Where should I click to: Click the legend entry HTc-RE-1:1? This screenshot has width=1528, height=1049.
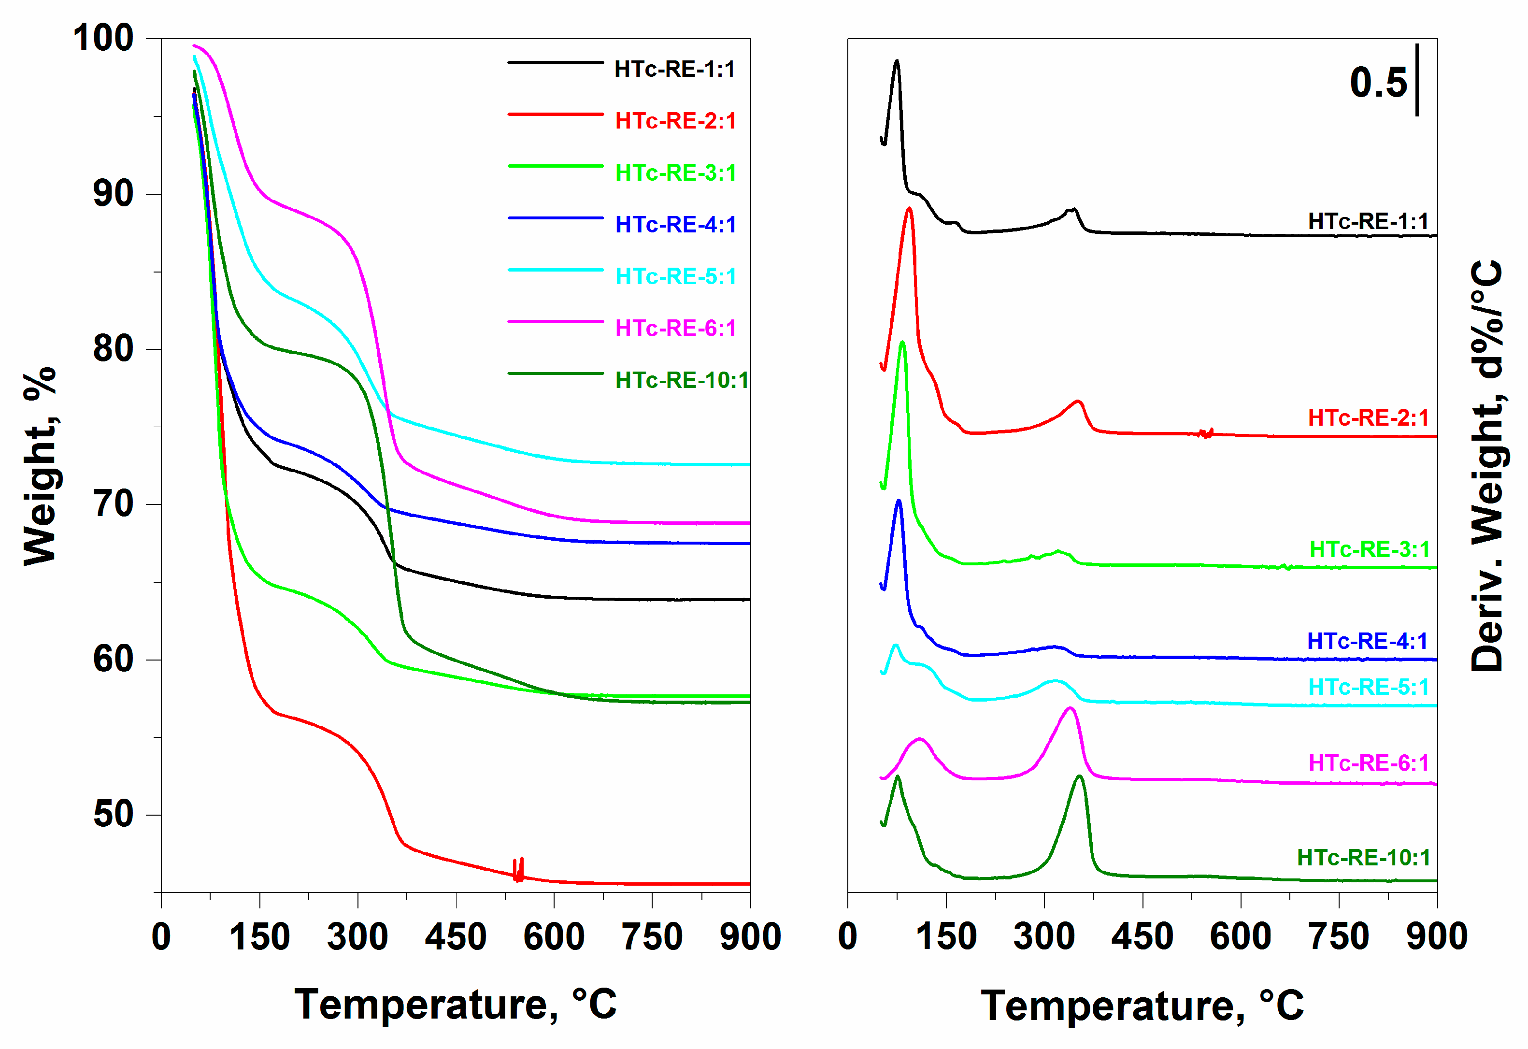pyautogui.click(x=674, y=69)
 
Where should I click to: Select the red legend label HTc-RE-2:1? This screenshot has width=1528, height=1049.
pyautogui.click(x=675, y=121)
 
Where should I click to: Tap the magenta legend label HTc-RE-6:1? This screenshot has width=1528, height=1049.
pyautogui.click(x=675, y=328)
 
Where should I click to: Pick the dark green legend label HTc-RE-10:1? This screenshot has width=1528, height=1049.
pyautogui.click(x=682, y=380)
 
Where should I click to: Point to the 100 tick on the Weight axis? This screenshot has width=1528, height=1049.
pyautogui.click(x=103, y=38)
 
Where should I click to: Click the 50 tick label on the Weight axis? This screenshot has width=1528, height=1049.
pyautogui.click(x=113, y=814)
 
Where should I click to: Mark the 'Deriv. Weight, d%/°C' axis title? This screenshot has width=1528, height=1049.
pyautogui.click(x=1487, y=466)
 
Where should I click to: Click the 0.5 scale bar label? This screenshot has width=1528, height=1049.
pyautogui.click(x=1378, y=84)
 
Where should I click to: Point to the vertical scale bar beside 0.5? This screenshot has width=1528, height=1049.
pyautogui.click(x=1417, y=80)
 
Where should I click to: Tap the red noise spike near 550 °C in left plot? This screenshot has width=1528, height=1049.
pyautogui.click(x=519, y=869)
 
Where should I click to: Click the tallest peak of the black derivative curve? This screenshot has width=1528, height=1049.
pyautogui.click(x=896, y=61)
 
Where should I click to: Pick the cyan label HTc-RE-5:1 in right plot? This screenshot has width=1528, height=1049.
pyautogui.click(x=1368, y=687)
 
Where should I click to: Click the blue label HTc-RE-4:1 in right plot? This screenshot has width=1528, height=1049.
pyautogui.click(x=1367, y=641)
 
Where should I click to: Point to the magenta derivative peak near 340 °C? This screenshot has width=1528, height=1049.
pyautogui.click(x=1070, y=708)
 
